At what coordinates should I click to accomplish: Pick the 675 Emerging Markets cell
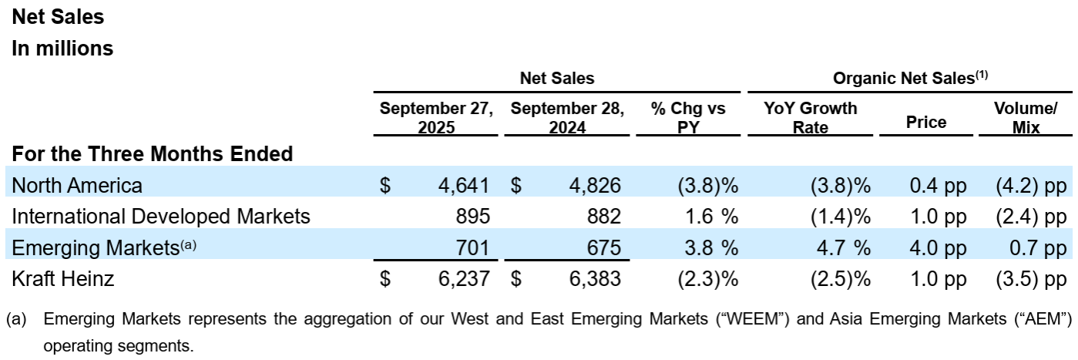coord(599,247)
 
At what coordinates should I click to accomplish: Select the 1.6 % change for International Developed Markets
coord(711,217)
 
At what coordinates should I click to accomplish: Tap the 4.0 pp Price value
coord(938,247)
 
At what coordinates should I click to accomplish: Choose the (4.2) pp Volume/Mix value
coord(1029,186)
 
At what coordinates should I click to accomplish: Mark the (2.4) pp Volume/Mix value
coord(1029,217)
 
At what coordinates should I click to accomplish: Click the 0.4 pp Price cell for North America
coord(938,186)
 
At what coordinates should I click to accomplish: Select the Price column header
coord(926,121)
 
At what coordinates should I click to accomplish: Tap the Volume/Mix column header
coord(1026,117)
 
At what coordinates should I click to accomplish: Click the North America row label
coord(77,186)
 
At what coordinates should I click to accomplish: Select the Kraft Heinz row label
coord(63,279)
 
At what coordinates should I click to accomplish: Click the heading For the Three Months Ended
coord(153,153)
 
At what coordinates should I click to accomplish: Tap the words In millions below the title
coord(62,48)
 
